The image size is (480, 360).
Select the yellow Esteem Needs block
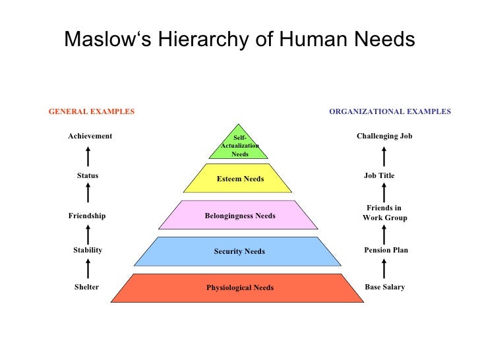point(239,179)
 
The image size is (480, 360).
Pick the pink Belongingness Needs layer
point(239,216)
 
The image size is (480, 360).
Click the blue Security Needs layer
point(239,251)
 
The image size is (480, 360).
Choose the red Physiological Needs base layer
point(239,287)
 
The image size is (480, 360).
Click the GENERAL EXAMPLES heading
point(92,112)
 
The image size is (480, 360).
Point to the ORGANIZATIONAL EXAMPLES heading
point(390,112)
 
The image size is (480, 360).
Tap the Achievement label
point(90,136)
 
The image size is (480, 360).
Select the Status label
point(88,176)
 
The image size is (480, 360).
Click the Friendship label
point(87,216)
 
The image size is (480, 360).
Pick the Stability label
point(88,251)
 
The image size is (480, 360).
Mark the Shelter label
point(86,287)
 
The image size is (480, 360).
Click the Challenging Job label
point(384,136)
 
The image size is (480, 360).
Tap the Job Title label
point(379,176)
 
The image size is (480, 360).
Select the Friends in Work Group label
point(384,213)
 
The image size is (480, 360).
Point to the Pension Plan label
point(386,251)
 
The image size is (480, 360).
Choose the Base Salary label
point(384,287)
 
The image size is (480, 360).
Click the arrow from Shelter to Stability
point(88,268)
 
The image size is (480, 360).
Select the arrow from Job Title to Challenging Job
point(384,157)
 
